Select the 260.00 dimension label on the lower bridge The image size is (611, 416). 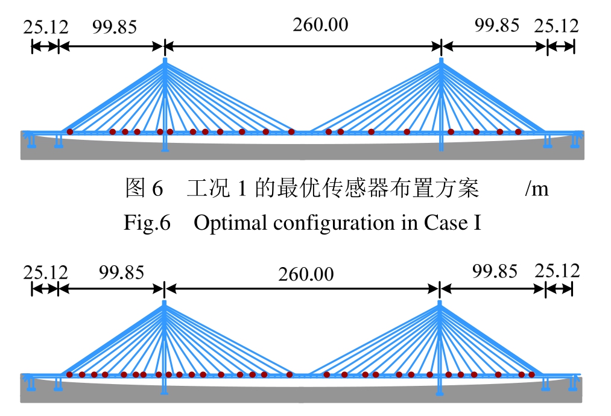pos(306,274)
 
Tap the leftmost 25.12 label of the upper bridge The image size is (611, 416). pos(46,27)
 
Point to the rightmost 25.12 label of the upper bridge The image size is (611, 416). pos(556,26)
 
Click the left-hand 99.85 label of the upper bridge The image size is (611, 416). pos(115,27)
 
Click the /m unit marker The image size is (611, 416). pos(537,190)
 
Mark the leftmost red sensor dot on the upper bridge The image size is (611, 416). pos(70,131)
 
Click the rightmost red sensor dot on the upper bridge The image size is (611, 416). pos(518,131)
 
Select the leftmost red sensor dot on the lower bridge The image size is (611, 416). pos(69,374)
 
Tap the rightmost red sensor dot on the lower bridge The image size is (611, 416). pos(531,374)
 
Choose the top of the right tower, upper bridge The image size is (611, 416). pos(442,60)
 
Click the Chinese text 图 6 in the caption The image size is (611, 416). pos(144,189)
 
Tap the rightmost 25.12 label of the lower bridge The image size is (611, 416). pos(557,271)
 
